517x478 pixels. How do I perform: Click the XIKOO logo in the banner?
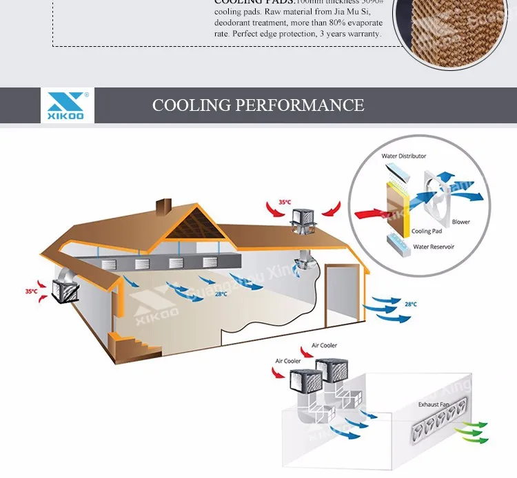[x=67, y=105]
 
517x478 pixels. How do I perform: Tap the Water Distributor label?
[x=404, y=156]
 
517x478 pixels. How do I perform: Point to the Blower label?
[x=460, y=222]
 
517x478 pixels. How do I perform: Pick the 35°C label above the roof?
[x=284, y=202]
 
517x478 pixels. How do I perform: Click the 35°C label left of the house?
[x=32, y=291]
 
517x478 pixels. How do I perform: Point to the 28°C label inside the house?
[x=221, y=294]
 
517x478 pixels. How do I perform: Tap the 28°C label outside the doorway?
[x=410, y=304]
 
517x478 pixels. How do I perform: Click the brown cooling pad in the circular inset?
[x=396, y=205]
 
